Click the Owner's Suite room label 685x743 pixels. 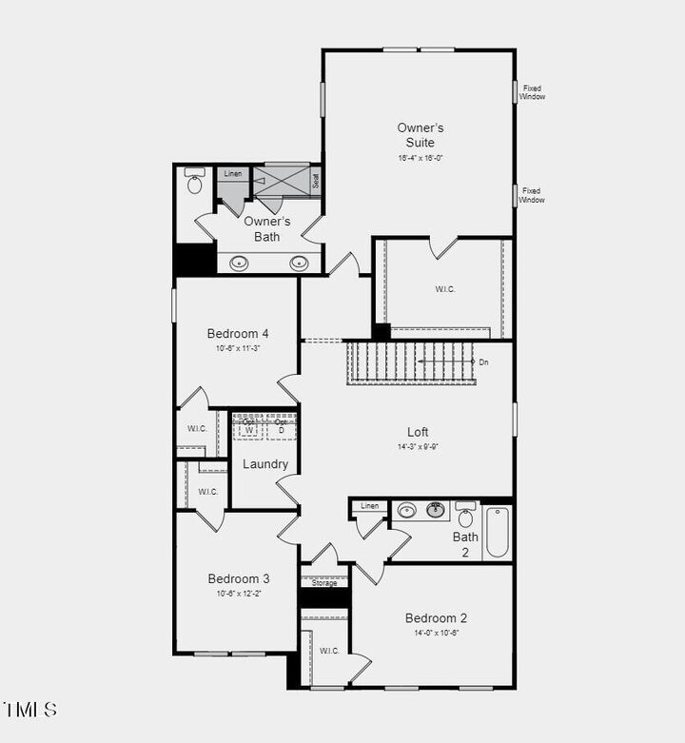click(421, 135)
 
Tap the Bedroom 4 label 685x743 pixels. click(238, 334)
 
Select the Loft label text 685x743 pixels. click(419, 432)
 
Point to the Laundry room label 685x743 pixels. click(265, 464)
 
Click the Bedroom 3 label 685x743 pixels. click(239, 578)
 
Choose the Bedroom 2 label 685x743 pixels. click(436, 617)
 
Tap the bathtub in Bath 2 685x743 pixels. click(497, 532)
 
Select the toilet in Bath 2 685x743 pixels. click(465, 517)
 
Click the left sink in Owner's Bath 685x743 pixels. click(240, 263)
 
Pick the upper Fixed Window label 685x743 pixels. click(532, 92)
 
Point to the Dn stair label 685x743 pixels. click(483, 362)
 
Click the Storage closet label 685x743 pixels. click(324, 583)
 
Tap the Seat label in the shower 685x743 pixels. click(316, 180)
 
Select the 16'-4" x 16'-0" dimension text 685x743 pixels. click(421, 158)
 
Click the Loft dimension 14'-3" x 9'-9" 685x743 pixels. click(419, 446)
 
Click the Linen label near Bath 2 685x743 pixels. click(370, 506)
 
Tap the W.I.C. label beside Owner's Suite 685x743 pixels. click(445, 289)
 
